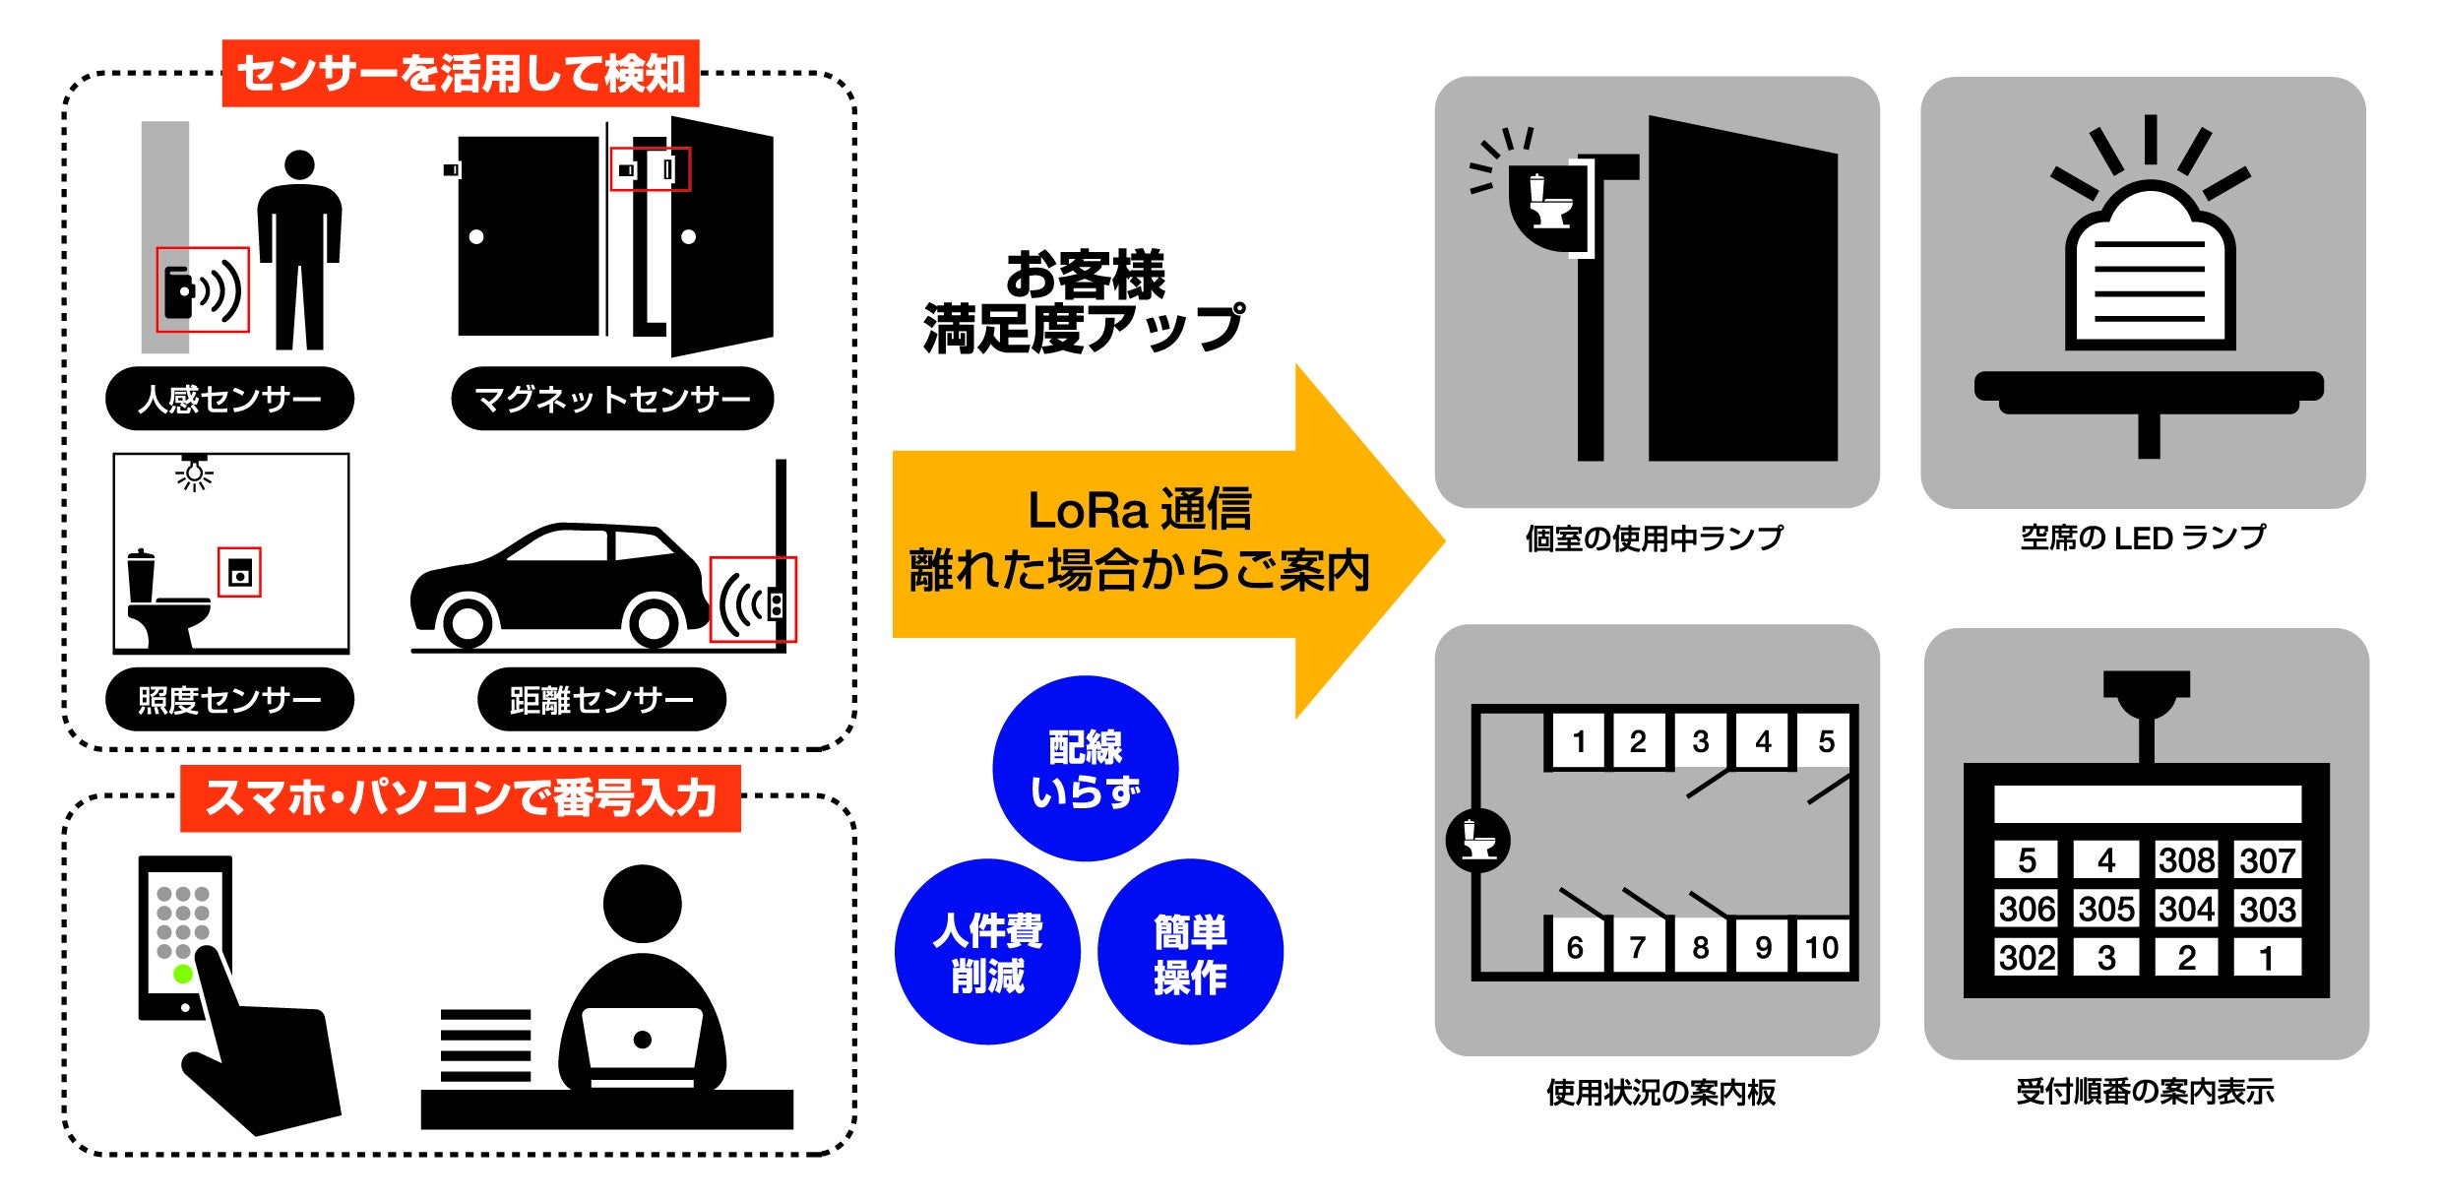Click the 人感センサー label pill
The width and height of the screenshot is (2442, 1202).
pos(229,399)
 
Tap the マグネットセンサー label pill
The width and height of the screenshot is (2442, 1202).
pos(612,399)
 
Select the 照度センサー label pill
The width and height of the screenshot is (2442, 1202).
pos(229,700)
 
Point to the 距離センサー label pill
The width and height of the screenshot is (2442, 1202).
pos(601,700)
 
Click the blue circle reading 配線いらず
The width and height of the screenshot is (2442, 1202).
pos(1085,768)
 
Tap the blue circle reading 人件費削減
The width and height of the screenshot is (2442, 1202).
pos(987,952)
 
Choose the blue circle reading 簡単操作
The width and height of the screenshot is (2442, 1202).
pos(1190,952)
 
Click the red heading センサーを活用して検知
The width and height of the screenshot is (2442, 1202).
pos(461,74)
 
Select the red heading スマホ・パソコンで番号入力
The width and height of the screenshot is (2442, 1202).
pos(461,798)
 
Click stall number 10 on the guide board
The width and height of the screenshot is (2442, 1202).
pos(1821,947)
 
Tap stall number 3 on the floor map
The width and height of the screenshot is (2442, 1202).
pos(1700,741)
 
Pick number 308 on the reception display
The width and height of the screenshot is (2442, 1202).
pos(2186,860)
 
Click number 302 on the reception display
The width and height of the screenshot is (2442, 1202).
pos(2027,957)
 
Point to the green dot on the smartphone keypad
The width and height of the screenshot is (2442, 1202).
pos(183,974)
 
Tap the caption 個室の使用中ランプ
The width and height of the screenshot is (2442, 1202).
pos(1655,538)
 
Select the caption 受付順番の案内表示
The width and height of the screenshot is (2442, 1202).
pos(2145,1092)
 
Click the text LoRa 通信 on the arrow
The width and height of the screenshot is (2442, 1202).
pos(1139,510)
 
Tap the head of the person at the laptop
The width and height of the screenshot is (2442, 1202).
pos(642,904)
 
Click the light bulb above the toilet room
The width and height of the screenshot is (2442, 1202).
pos(195,475)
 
